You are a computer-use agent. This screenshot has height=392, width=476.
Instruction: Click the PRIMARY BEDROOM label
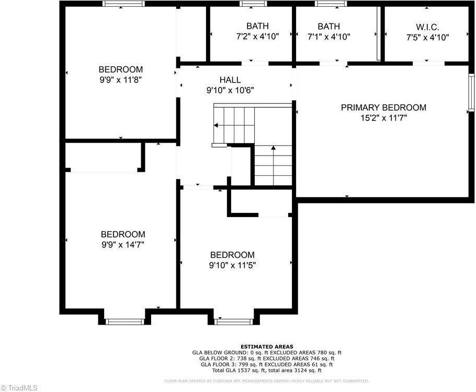[x=383, y=108]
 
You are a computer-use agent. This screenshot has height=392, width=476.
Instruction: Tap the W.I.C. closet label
[x=427, y=27]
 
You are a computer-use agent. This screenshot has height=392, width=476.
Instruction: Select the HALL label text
[x=230, y=80]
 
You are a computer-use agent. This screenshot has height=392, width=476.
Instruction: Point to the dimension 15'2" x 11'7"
[x=383, y=118]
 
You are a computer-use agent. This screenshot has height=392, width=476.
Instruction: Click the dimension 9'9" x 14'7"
[x=123, y=244]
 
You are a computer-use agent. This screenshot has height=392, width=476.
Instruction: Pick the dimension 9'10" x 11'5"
[x=232, y=265]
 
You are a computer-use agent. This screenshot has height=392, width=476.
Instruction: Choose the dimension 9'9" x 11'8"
[x=121, y=80]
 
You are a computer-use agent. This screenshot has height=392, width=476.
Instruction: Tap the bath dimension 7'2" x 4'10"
[x=257, y=37]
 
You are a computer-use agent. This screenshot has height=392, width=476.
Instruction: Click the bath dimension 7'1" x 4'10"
[x=328, y=37]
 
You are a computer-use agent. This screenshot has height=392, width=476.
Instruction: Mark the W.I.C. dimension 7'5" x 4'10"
[x=427, y=37]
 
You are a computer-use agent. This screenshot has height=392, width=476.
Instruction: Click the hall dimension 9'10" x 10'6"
[x=230, y=90]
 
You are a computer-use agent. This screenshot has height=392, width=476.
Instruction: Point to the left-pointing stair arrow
[x=216, y=125]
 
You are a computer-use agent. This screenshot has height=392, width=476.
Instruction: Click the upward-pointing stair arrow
[x=273, y=149]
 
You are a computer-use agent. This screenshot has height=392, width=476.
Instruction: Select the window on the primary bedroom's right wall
[x=471, y=92]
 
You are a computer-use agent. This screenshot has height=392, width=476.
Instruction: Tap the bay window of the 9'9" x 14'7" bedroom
[x=124, y=322]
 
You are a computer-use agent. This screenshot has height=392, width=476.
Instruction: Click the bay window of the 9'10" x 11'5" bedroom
[x=234, y=322]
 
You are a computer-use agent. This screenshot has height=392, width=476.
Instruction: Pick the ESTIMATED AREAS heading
[x=267, y=347]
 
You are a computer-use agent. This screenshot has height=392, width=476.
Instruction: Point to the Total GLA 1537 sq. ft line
[x=267, y=370]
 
